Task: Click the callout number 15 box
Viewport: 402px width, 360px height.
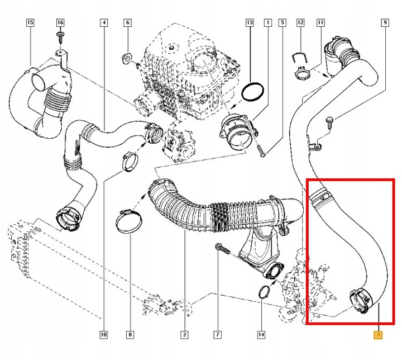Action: click(x=30, y=23)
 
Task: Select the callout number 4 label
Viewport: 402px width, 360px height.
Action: click(x=103, y=23)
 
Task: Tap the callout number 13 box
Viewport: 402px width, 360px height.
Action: click(x=250, y=23)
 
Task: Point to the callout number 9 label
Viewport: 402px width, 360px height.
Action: click(x=385, y=23)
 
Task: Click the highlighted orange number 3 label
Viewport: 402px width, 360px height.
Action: click(x=378, y=335)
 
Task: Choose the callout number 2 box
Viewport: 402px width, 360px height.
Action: click(x=184, y=335)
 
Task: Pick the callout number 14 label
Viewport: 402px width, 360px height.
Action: click(x=261, y=335)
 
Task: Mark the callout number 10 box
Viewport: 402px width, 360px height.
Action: click(x=103, y=335)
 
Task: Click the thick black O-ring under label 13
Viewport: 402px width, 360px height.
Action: click(x=255, y=92)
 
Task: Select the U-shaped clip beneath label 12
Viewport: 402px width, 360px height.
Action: click(x=300, y=55)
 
